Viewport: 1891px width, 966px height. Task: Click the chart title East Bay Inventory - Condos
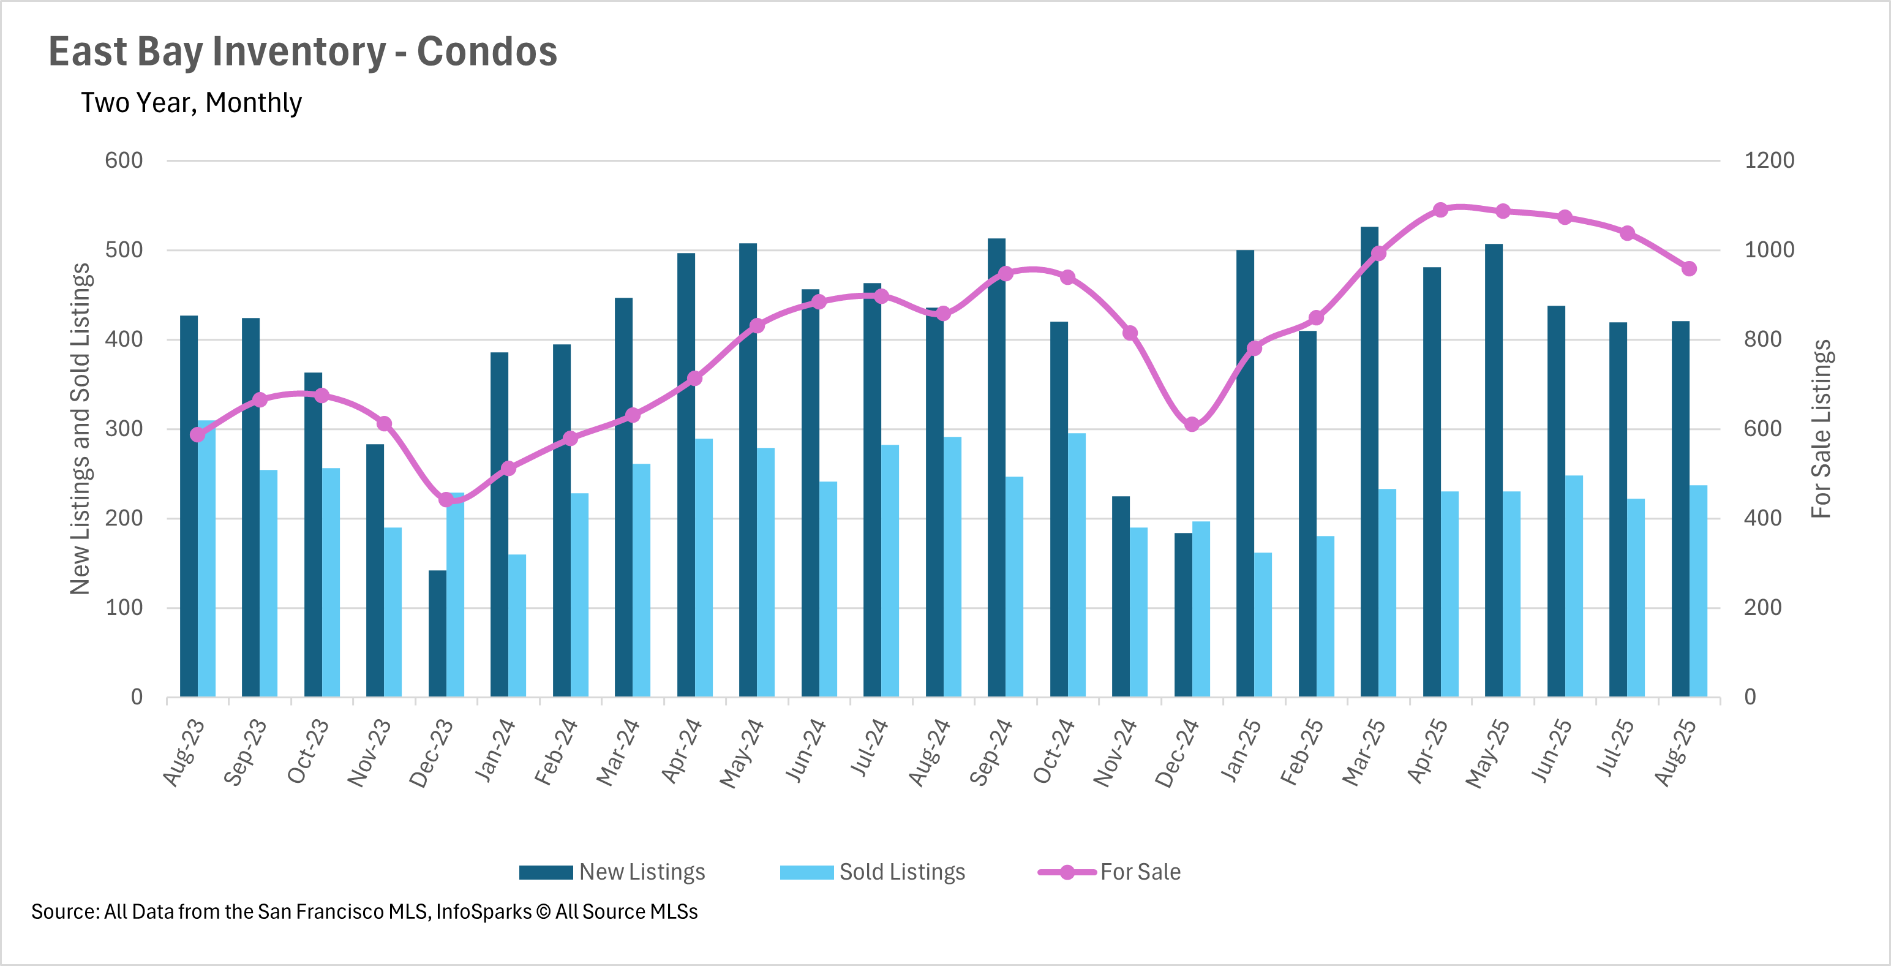coord(303,51)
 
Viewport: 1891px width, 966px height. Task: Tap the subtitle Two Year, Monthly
coord(191,103)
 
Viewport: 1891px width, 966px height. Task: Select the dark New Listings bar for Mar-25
coord(1369,462)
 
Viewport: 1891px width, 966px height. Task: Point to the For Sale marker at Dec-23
coord(446,500)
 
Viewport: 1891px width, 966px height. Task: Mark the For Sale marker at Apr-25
coord(1440,210)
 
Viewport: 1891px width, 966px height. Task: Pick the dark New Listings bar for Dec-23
coord(437,633)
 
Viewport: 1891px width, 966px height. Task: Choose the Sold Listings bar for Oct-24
coord(1077,565)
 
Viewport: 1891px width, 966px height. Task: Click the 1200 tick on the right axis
coord(1769,160)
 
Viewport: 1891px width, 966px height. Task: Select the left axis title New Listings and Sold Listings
coord(80,429)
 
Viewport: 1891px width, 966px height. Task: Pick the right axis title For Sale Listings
coord(1821,429)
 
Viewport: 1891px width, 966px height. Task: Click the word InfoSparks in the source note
coord(484,911)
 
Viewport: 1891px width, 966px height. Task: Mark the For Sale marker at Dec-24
coord(1192,425)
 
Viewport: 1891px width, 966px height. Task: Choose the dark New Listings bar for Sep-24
coord(996,467)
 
